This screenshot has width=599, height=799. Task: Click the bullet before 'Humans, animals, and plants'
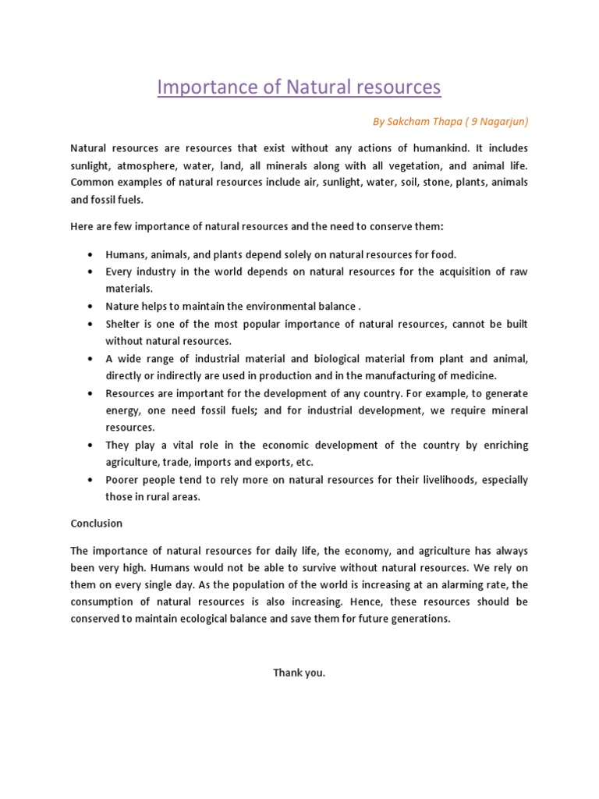click(91, 254)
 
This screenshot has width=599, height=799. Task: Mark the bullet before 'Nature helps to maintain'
click(91, 306)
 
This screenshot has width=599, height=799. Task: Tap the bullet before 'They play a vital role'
click(91, 445)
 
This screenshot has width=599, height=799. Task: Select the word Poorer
click(123, 479)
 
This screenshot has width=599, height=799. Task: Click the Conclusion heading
click(96, 524)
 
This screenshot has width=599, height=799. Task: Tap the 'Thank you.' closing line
click(299, 673)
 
